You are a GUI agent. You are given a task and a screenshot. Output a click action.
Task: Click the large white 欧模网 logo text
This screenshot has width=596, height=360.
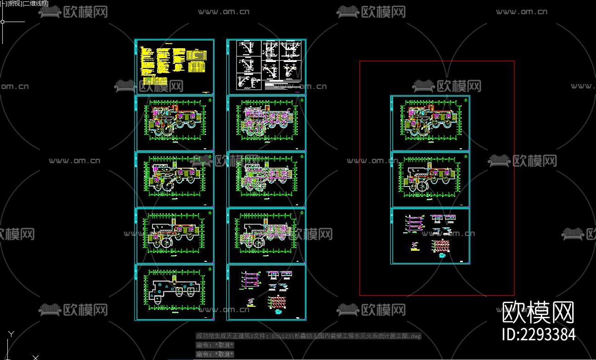(x=538, y=313)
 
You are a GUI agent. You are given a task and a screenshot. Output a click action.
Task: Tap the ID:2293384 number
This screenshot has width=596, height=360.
(x=539, y=334)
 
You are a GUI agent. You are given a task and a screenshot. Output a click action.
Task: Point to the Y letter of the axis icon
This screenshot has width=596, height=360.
(x=11, y=334)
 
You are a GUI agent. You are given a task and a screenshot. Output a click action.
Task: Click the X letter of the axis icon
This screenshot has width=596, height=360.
(x=35, y=357)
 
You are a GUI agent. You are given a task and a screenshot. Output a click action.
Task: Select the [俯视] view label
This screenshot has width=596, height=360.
(x=13, y=3)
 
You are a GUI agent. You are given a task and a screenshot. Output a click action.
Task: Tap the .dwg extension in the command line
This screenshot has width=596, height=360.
(x=415, y=336)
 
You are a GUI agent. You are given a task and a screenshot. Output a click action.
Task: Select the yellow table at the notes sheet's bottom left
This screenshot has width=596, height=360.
(x=154, y=80)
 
